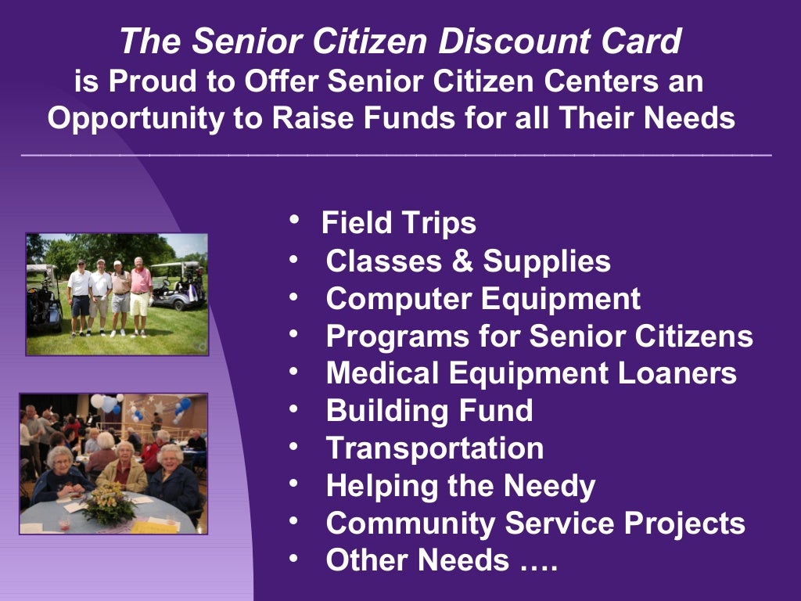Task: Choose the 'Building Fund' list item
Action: (429, 411)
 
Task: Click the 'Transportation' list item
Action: (434, 448)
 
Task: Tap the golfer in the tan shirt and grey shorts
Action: (119, 293)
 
